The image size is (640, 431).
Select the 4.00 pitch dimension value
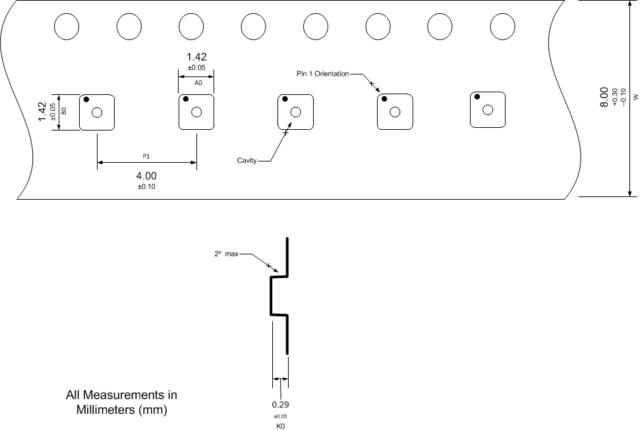coord(146,176)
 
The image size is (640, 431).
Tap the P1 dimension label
coord(146,157)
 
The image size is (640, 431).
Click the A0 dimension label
coord(197,83)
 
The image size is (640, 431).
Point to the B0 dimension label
coord(64,111)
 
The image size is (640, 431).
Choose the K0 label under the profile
coord(281,426)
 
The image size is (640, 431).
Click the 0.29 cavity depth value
coord(281,405)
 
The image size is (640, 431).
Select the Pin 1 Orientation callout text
coord(322,73)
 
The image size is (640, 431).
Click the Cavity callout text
coord(247,161)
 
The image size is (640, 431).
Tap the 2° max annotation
coord(227,254)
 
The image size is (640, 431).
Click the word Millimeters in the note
coord(109,409)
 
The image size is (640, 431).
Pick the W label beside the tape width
coord(635,97)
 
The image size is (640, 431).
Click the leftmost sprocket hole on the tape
coord(66,26)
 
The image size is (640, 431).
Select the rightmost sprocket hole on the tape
coord(502,26)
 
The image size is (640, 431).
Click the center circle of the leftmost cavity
coord(97,113)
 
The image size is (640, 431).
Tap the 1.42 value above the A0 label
coord(197,57)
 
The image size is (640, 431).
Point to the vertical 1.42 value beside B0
coord(42,111)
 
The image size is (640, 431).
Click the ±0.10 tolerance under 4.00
coord(146,187)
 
